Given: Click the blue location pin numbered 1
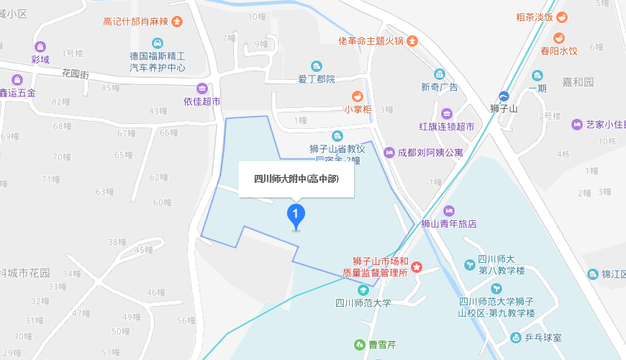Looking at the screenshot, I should tap(296, 215).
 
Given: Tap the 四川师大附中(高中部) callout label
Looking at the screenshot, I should tap(296, 179).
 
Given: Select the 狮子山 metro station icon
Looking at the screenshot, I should tap(504, 96).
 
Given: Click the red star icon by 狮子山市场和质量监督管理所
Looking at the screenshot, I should tap(416, 268).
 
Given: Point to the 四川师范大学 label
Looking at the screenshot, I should tap(363, 303).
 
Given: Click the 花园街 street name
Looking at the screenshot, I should tap(75, 73).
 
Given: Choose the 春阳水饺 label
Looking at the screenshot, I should tap(559, 51).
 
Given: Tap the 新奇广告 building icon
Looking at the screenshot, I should tap(439, 74).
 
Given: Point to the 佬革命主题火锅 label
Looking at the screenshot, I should tap(370, 41).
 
